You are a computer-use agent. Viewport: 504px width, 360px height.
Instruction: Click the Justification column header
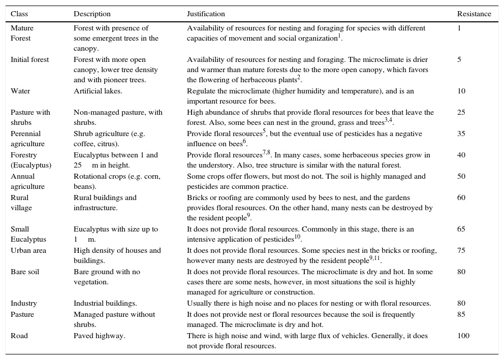coord(206,14)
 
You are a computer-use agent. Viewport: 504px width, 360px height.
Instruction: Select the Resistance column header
coord(474,14)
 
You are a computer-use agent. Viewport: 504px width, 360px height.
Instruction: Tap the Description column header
coord(92,14)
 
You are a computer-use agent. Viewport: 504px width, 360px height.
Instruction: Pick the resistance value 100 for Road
coord(463,336)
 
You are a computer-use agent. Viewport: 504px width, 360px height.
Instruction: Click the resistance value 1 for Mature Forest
coord(459,28)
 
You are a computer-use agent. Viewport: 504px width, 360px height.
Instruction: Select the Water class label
coord(20,91)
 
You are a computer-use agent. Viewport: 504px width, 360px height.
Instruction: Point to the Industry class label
coord(23,303)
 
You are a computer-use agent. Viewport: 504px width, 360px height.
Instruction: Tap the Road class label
coord(19,336)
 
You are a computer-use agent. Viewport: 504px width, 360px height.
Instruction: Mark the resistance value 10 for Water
coord(461,91)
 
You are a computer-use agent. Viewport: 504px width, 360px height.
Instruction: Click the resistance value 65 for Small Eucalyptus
coord(461,229)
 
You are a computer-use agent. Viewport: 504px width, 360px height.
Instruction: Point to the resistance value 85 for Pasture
coord(461,314)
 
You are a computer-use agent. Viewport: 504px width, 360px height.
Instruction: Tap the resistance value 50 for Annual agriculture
coord(461,176)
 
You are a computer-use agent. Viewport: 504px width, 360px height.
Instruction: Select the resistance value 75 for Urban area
coord(461,250)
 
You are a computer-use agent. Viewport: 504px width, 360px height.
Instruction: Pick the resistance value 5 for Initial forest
coord(459,59)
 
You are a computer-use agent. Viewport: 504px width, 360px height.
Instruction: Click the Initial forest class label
coord(30,59)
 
